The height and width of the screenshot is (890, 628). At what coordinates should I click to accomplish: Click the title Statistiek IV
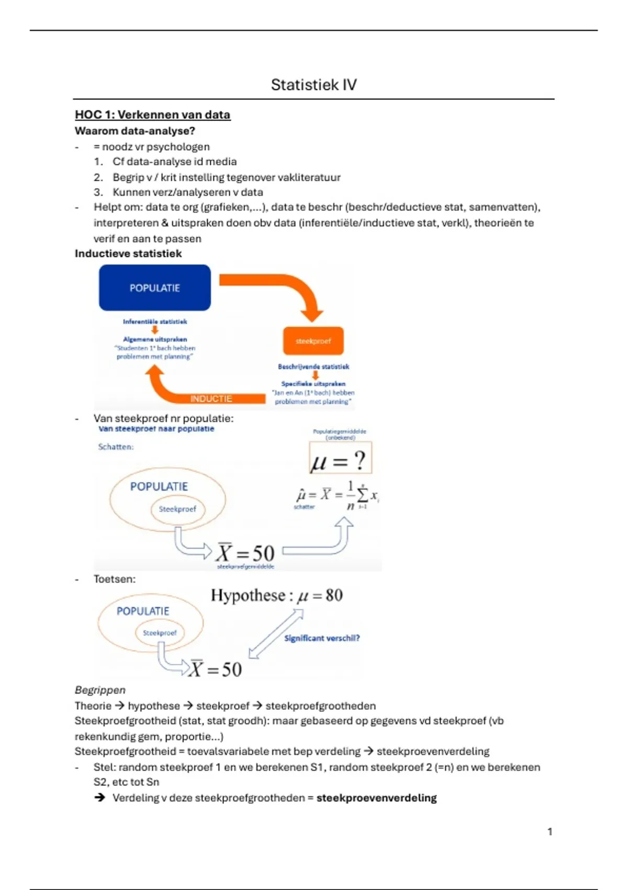click(313, 85)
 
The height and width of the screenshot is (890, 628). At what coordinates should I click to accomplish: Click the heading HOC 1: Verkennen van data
click(152, 115)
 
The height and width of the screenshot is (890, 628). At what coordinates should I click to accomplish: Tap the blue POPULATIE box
click(155, 288)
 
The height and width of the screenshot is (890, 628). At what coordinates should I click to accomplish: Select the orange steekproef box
click(313, 341)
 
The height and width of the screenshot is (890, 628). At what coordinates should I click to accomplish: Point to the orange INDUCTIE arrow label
click(211, 399)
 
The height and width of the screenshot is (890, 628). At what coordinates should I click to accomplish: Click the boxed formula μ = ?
click(340, 460)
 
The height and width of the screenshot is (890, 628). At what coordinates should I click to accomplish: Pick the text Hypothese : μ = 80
click(276, 595)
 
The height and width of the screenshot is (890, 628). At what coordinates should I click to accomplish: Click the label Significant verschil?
click(322, 638)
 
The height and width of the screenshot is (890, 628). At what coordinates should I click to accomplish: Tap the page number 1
click(549, 831)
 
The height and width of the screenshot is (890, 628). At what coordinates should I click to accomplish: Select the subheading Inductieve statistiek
click(128, 254)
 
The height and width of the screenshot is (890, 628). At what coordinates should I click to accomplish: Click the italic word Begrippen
click(100, 690)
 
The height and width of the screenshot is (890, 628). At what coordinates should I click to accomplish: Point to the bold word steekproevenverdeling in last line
click(376, 798)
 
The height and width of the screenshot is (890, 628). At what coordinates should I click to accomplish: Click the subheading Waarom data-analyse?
click(134, 131)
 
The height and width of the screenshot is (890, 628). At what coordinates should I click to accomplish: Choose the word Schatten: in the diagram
click(116, 447)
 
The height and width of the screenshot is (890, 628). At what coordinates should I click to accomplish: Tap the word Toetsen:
click(114, 579)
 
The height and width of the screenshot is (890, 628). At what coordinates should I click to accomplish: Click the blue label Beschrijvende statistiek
click(313, 366)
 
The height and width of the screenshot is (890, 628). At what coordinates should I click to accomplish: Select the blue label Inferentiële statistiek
click(155, 321)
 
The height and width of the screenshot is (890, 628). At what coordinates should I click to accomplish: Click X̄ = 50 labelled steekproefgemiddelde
click(245, 553)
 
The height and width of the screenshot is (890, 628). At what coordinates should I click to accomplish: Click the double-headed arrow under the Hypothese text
click(276, 634)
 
